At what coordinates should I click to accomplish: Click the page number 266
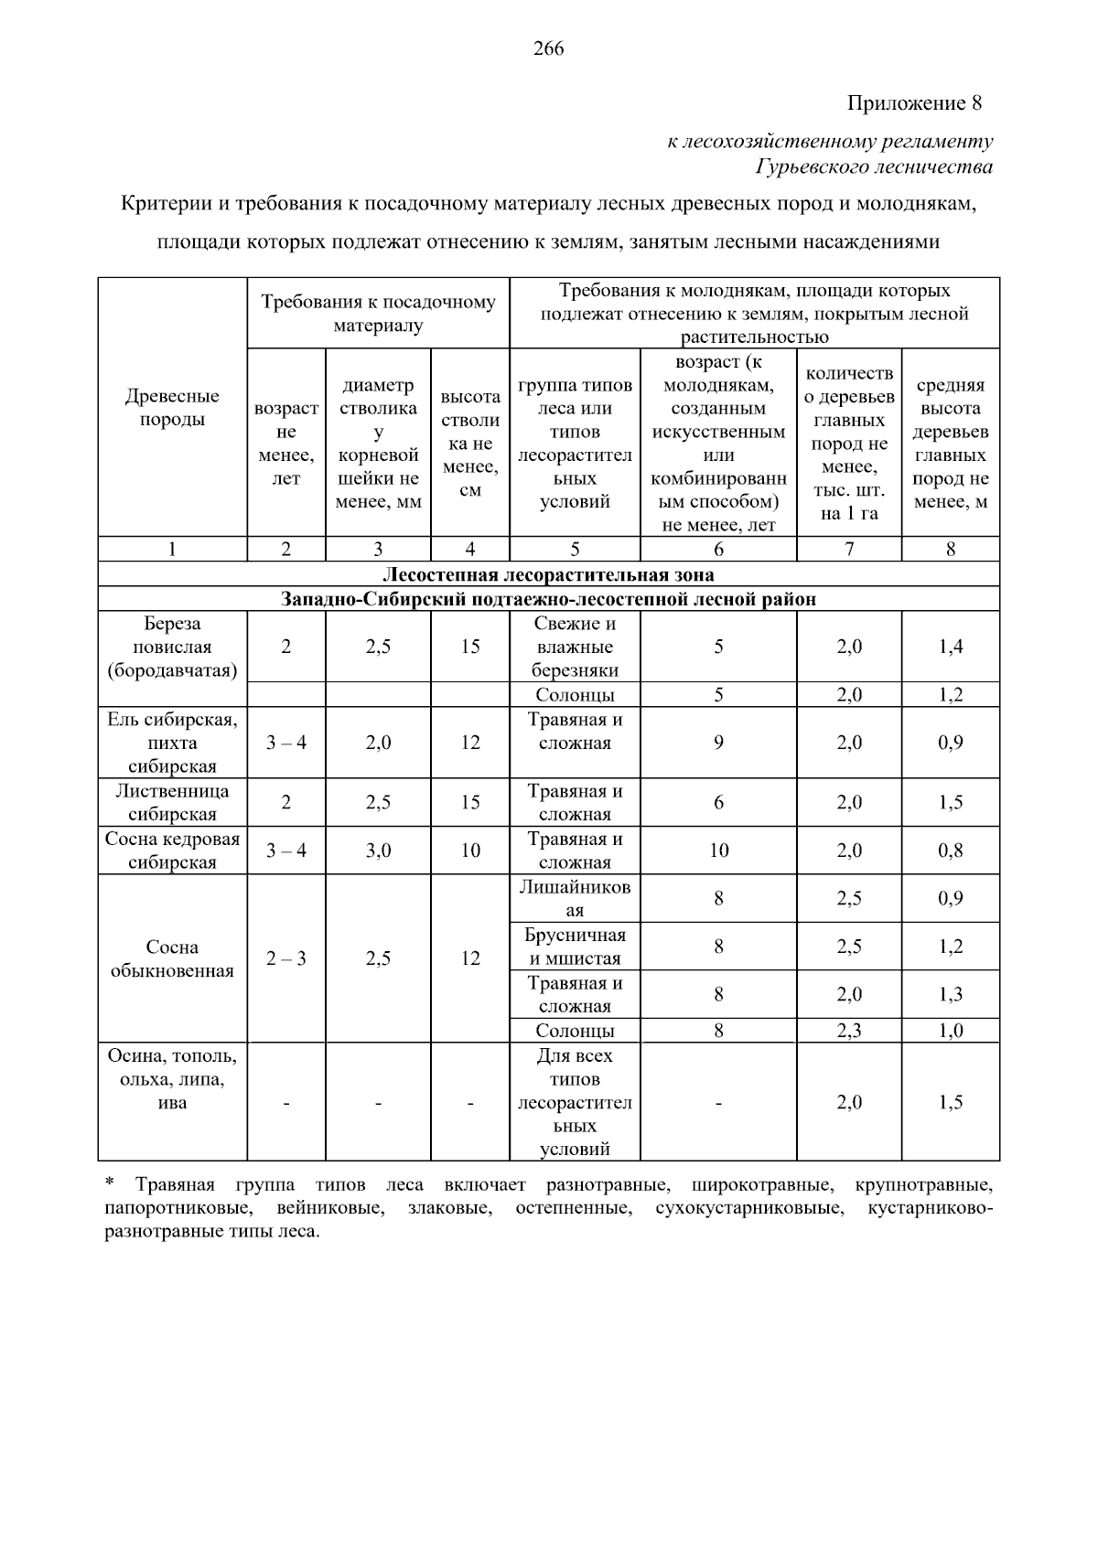[x=548, y=49]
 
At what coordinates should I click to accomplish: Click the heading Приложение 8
[x=913, y=103]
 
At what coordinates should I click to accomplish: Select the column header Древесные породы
[x=172, y=408]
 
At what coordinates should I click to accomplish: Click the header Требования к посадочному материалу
[x=378, y=313]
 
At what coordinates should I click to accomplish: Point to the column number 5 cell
[x=575, y=549]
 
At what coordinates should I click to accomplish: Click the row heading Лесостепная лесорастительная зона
[x=548, y=574]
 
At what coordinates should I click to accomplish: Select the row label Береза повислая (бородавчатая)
[x=172, y=647]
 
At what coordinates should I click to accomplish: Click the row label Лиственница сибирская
[x=172, y=802]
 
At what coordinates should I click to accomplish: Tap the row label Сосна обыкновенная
[x=172, y=958]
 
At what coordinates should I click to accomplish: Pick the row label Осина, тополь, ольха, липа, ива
[x=172, y=1079]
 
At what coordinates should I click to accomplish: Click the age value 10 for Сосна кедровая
[x=718, y=851]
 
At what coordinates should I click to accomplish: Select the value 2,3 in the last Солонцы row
[x=848, y=1031]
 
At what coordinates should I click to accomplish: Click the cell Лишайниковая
[x=575, y=898]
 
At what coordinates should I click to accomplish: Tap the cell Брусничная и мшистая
[x=575, y=947]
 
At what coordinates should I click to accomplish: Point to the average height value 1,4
[x=950, y=647]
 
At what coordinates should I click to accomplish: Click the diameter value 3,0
[x=378, y=851]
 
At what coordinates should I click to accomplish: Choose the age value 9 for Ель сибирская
[x=718, y=743]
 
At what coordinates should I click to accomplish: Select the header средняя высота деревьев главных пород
[x=950, y=444]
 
